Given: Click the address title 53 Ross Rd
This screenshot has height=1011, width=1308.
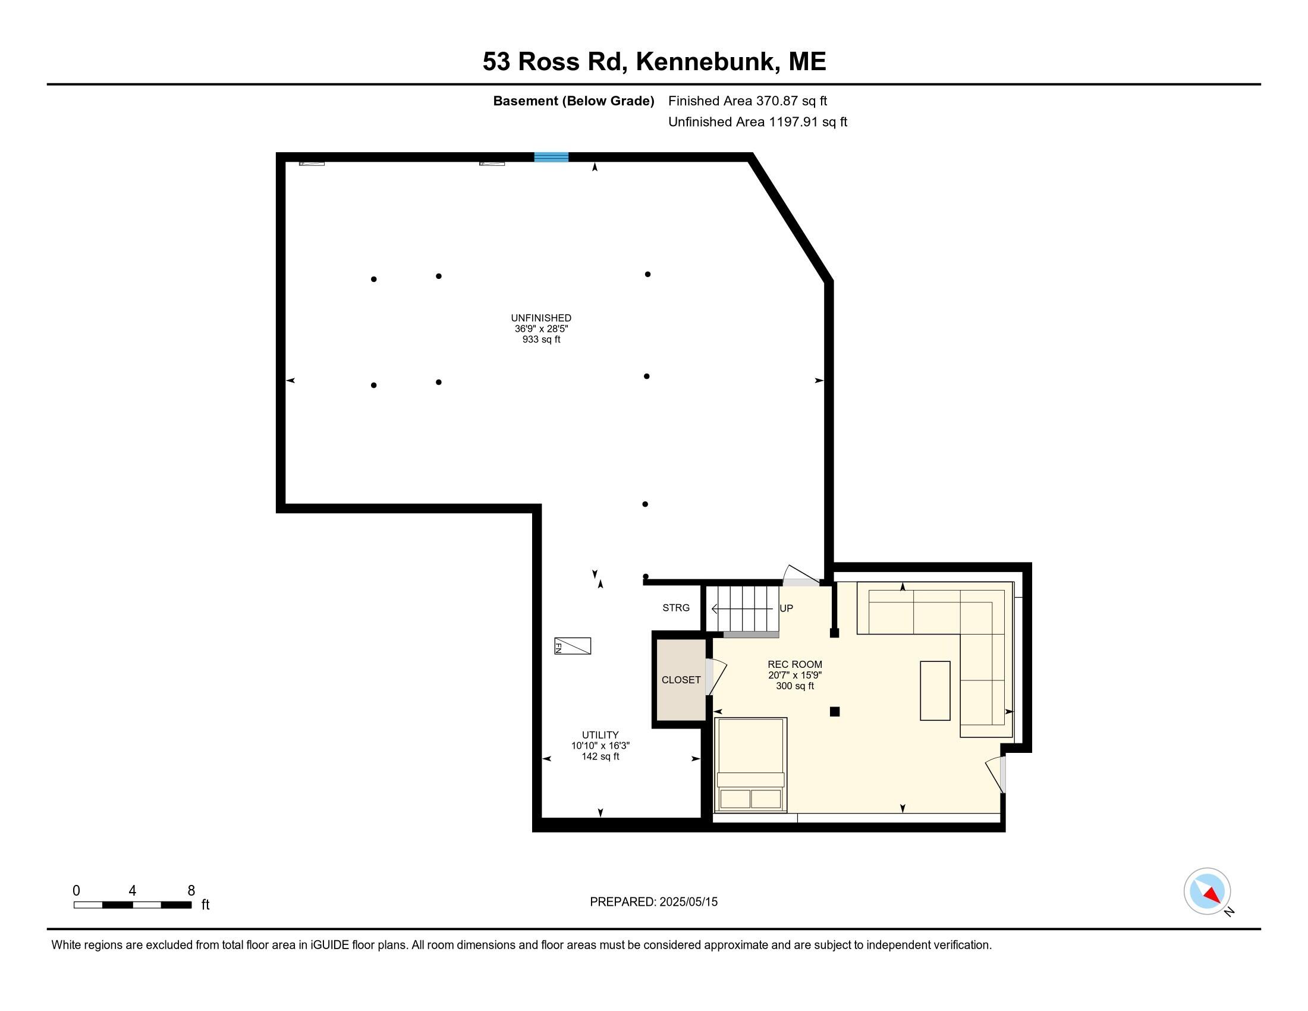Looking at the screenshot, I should (654, 62).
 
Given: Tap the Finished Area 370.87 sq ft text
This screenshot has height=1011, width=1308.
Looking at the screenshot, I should (747, 101).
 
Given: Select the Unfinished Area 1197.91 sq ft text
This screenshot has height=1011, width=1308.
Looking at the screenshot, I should (757, 122).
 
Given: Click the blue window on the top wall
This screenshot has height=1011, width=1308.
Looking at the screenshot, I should (551, 158).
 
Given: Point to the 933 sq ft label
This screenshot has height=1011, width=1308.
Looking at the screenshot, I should (541, 340).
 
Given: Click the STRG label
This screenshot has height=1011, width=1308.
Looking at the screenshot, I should (675, 608).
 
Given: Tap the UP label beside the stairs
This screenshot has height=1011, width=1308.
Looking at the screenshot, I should (786, 608).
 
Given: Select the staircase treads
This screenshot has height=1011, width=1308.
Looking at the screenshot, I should (743, 608).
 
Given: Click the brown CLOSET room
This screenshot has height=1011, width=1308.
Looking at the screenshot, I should (681, 680).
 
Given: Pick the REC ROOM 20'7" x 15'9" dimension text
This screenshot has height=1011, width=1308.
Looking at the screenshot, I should (795, 675).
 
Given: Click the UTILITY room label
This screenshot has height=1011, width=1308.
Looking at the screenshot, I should (600, 735).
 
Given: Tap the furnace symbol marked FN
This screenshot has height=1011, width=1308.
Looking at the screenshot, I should (573, 646).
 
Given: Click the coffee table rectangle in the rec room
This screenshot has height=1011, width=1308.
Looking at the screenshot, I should (934, 690).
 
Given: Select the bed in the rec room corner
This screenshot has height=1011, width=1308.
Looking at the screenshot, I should (750, 765).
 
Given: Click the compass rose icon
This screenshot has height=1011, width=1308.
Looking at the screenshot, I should (1207, 891).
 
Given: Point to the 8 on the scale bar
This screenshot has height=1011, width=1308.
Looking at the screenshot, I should (191, 891).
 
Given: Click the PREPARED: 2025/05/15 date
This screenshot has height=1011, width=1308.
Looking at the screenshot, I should (653, 902).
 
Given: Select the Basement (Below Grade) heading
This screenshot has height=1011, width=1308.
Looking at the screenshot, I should (573, 101).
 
